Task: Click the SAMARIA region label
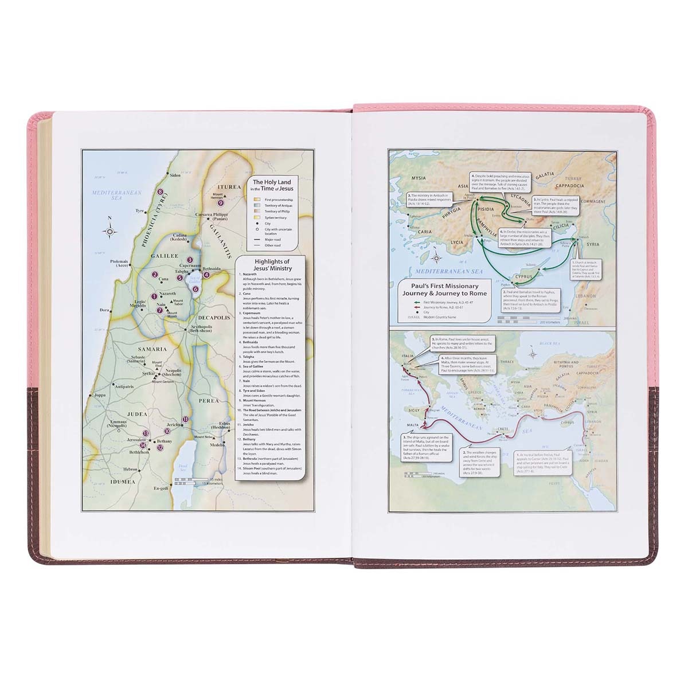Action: (151, 349)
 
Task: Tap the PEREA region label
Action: (210, 401)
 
